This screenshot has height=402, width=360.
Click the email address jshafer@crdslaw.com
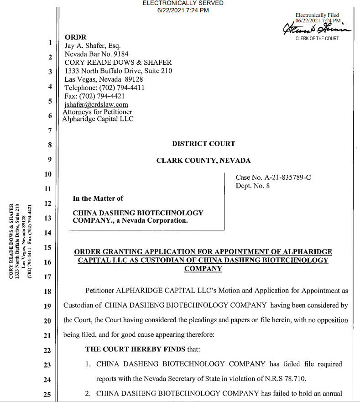[x=96, y=104]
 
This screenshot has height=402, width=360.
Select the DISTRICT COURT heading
[x=203, y=144]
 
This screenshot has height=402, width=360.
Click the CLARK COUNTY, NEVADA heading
[x=203, y=161]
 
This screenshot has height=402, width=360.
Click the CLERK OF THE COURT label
[x=317, y=38]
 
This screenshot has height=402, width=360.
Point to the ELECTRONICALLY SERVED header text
[x=183, y=3]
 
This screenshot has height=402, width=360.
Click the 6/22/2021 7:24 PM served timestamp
[x=183, y=10]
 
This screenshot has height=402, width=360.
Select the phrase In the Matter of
[x=98, y=198]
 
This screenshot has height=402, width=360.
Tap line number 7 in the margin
[x=49, y=131]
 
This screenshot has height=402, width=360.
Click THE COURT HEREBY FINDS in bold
[x=125, y=350]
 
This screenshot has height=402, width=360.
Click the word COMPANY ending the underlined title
[x=203, y=269]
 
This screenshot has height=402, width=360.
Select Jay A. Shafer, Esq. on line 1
[x=93, y=46]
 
